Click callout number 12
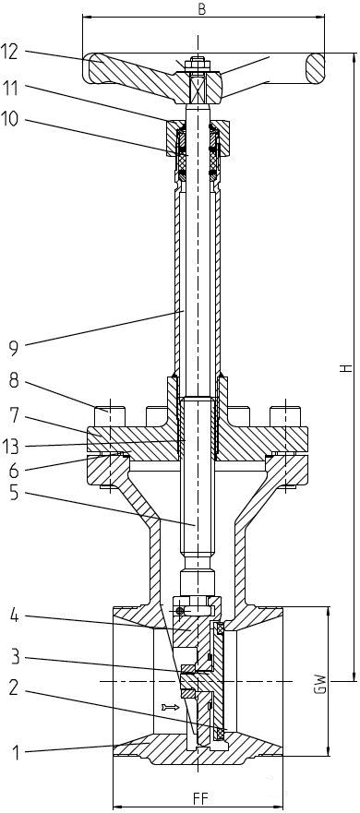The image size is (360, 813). [x=9, y=51]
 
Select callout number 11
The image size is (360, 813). [x=9, y=89]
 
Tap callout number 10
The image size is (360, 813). [x=9, y=119]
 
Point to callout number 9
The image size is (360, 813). [x=13, y=348]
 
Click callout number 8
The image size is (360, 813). [x=13, y=382]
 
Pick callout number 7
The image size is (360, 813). [x=14, y=416]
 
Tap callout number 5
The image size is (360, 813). [x=14, y=493]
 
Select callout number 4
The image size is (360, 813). [x=14, y=617]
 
